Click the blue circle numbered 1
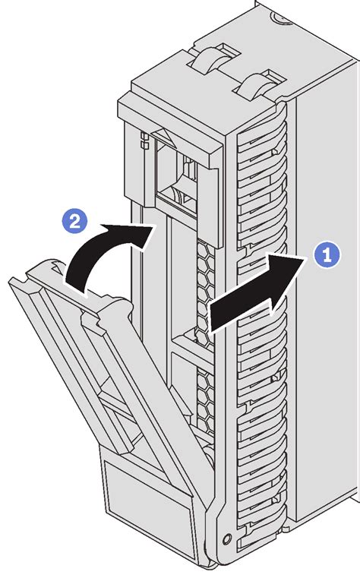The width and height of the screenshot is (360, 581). coord(327,255)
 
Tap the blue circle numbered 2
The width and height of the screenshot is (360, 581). coord(74,221)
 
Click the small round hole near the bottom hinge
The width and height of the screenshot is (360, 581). coord(227,537)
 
